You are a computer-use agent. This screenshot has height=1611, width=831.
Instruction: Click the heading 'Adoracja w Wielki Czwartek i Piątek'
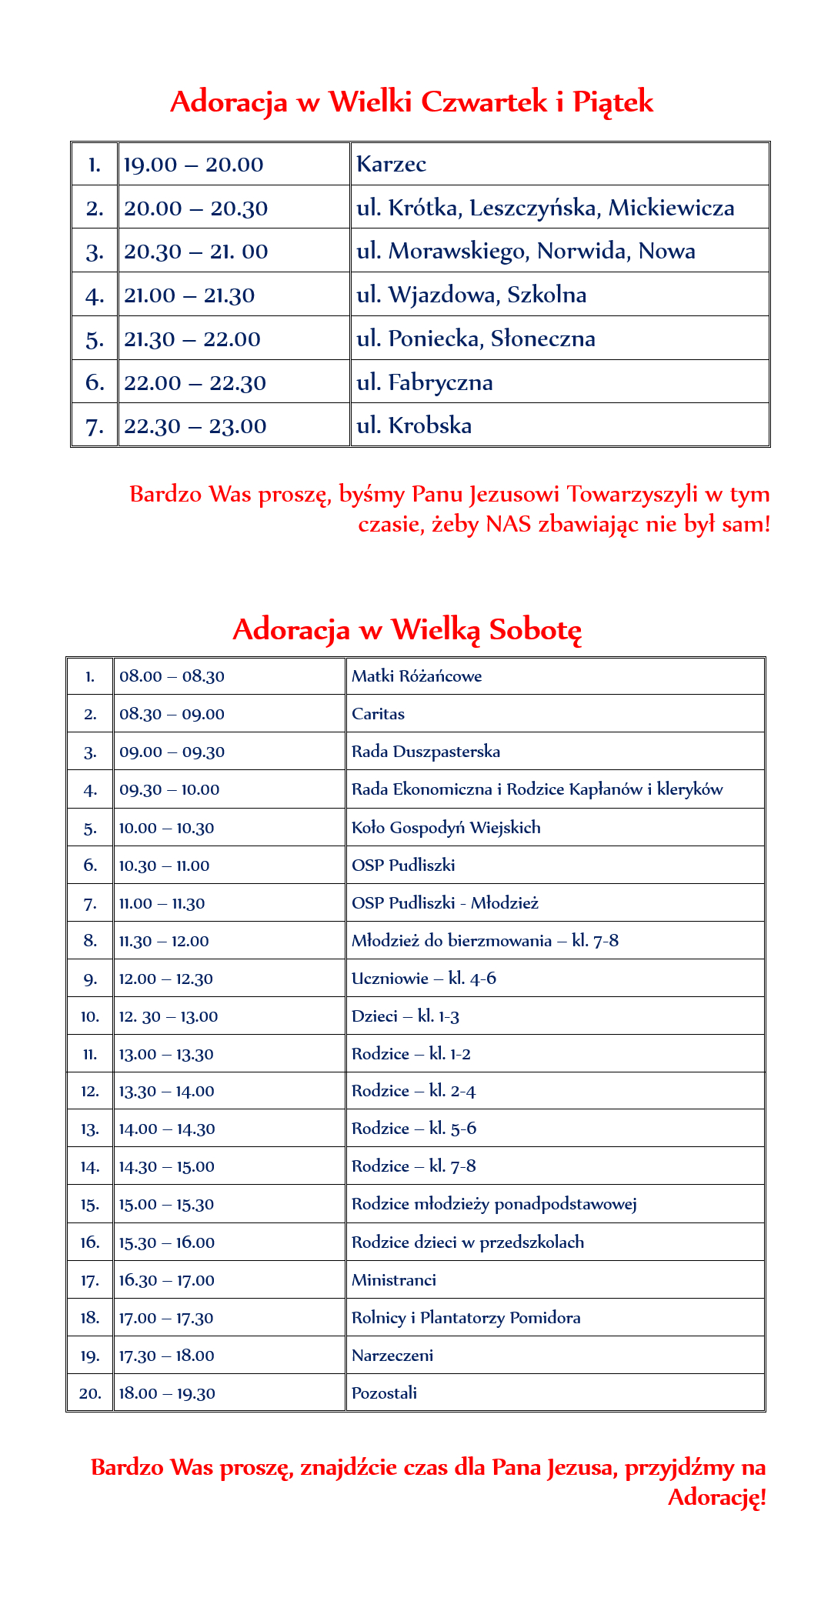(412, 102)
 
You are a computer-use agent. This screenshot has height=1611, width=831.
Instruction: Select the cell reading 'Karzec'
(391, 164)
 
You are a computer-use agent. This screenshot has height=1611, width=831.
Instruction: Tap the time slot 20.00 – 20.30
(195, 208)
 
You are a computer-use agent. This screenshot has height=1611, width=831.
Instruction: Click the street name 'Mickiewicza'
(671, 208)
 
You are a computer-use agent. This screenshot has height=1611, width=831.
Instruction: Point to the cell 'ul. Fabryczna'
(424, 382)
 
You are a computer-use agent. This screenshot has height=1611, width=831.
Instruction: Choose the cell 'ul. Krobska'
(414, 425)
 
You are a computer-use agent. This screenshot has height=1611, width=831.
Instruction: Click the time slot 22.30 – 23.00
(195, 426)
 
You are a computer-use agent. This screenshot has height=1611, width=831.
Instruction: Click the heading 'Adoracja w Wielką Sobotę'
(407, 629)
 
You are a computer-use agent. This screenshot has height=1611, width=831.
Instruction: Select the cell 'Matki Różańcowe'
(416, 676)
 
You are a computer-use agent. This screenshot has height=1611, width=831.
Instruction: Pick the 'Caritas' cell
(378, 714)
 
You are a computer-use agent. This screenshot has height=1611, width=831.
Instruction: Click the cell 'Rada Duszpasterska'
(426, 752)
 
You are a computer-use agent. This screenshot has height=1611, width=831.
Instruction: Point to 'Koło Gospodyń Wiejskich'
(446, 828)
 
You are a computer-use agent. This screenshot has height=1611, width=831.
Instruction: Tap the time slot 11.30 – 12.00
(163, 941)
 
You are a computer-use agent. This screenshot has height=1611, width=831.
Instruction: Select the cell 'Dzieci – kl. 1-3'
(405, 1016)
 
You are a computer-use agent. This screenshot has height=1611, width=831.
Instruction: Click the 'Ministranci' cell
(393, 1280)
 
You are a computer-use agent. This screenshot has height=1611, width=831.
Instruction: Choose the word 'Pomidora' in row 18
(545, 1318)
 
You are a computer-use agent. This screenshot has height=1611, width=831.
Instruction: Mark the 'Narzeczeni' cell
(392, 1356)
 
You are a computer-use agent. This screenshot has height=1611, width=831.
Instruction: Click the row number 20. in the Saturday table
(90, 1393)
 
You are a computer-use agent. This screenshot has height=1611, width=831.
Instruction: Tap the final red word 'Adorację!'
(716, 1497)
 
